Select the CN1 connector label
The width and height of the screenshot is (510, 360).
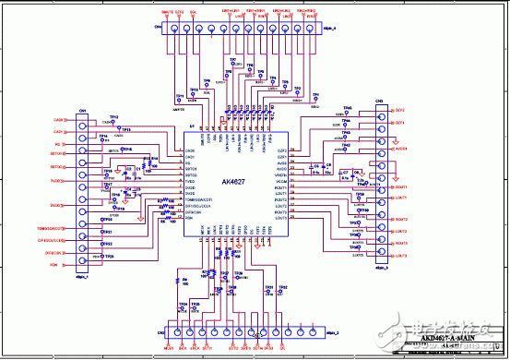tap(82, 110)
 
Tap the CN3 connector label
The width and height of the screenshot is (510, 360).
tap(378, 101)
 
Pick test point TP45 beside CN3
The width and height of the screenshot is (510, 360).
tap(348, 108)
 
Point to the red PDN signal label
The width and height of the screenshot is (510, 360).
tap(54, 265)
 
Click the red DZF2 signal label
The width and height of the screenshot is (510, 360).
tap(399, 110)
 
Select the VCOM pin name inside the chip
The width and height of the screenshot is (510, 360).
tap(281, 181)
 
